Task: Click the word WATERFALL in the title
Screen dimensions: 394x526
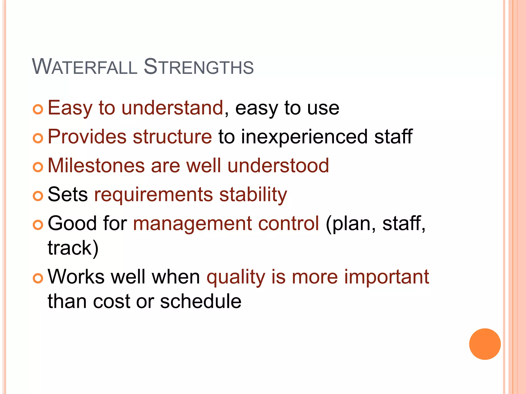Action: (x=85, y=67)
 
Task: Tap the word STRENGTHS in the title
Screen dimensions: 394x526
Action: (x=199, y=67)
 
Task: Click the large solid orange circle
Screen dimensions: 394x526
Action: (x=485, y=344)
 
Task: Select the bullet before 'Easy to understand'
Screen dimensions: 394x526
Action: (x=38, y=110)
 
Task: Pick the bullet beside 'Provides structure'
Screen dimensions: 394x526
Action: (x=38, y=139)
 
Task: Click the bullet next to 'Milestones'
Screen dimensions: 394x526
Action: (x=38, y=168)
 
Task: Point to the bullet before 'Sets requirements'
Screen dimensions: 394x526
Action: (x=38, y=196)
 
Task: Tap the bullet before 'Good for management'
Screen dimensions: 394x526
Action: (x=38, y=225)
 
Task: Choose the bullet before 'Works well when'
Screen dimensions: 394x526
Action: (x=38, y=279)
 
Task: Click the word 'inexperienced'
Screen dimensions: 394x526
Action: (x=304, y=137)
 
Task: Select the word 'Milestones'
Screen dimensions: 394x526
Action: (x=96, y=165)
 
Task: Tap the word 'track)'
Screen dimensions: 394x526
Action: (x=73, y=248)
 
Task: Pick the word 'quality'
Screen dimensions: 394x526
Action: (x=236, y=278)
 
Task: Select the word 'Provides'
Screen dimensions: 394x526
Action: (x=87, y=136)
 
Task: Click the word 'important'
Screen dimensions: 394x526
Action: (x=387, y=278)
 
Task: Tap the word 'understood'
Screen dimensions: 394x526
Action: (x=278, y=165)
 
